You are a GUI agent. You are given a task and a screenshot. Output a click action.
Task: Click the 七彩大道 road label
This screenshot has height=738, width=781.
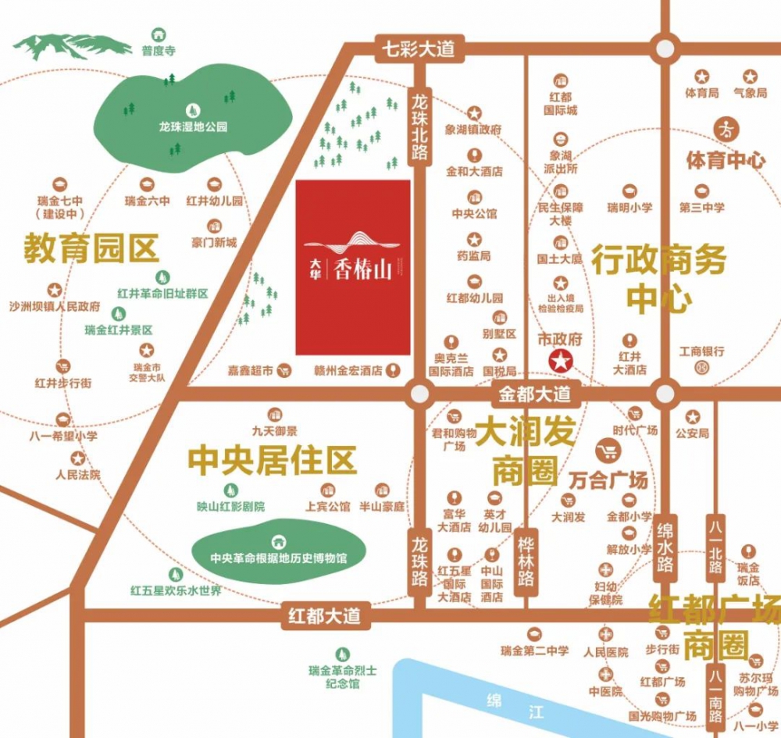[x=418, y=49]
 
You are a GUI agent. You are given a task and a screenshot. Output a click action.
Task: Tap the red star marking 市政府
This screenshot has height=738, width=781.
[x=561, y=361]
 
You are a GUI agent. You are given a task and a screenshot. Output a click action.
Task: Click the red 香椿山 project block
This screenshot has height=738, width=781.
[x=353, y=266]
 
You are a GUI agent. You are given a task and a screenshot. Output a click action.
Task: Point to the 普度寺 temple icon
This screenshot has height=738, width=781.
[x=159, y=34]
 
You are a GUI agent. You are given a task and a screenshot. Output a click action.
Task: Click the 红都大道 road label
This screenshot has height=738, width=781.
[x=323, y=616]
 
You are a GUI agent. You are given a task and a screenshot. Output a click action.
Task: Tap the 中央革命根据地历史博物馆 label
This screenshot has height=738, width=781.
[x=278, y=559]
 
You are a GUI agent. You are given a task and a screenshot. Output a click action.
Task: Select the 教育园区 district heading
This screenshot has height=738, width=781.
[x=91, y=248]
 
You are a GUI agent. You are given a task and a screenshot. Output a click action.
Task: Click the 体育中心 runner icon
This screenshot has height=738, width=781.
[x=726, y=130]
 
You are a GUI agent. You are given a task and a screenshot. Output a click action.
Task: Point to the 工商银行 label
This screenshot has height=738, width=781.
[x=702, y=352]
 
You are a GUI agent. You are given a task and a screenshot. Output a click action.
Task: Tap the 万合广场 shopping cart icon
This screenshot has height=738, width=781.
[x=607, y=451]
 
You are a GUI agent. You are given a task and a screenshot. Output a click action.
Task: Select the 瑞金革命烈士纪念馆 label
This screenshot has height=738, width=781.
[x=343, y=677]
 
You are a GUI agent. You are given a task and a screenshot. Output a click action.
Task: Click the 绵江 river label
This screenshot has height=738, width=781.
[x=513, y=705]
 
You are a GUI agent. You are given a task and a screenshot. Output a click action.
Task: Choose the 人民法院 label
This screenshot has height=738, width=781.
[x=78, y=474]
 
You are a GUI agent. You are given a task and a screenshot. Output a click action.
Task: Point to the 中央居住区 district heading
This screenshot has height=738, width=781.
[x=272, y=460]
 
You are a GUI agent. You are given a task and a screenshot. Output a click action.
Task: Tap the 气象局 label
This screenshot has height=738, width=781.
[x=750, y=94]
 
